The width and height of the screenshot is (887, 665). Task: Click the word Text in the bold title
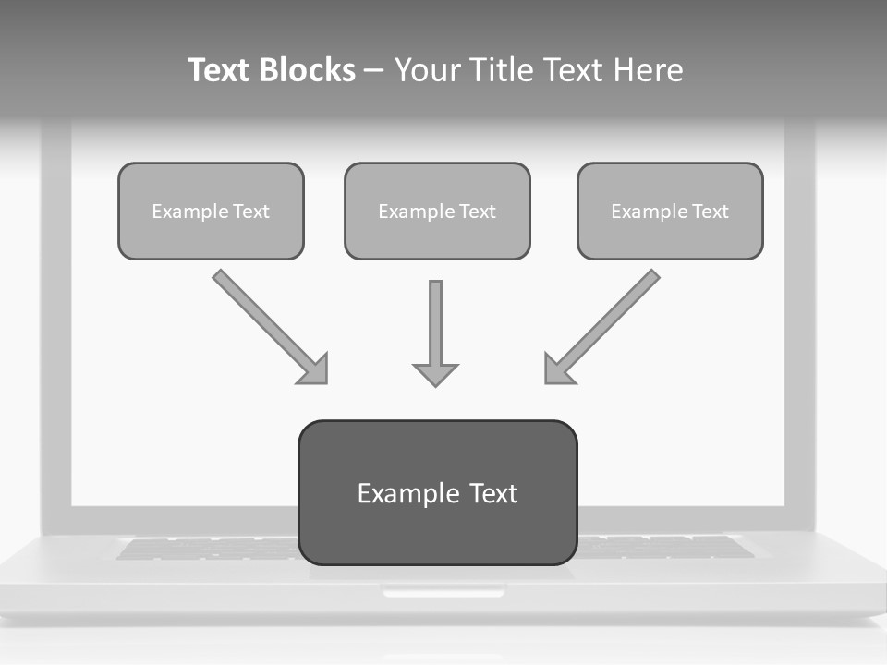[219, 70]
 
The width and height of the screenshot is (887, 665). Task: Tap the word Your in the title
[431, 70]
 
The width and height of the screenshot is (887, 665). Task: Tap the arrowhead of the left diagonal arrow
[315, 370]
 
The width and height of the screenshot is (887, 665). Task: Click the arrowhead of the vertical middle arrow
[435, 374]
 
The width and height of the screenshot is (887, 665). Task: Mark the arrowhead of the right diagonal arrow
[557, 370]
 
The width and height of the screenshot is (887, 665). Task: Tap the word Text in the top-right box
[711, 212]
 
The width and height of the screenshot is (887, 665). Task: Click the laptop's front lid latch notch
[443, 592]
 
